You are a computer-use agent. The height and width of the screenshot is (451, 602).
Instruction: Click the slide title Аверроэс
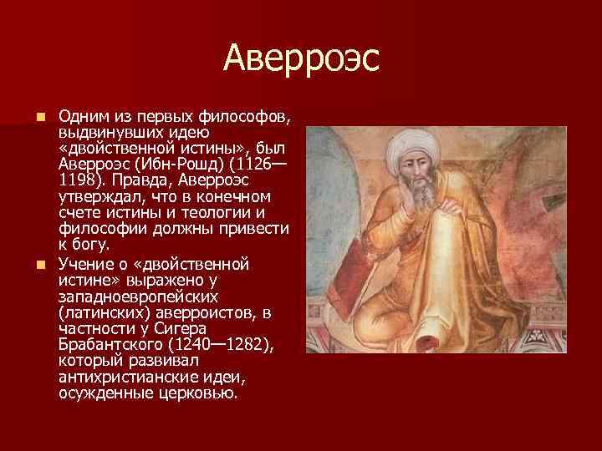click(301, 58)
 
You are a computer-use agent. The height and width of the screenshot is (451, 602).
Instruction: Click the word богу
click(91, 245)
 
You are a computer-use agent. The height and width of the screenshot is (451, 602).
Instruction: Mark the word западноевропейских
click(138, 296)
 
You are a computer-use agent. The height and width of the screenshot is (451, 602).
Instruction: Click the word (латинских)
click(105, 312)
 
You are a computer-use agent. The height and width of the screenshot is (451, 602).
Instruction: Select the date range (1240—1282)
click(222, 345)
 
